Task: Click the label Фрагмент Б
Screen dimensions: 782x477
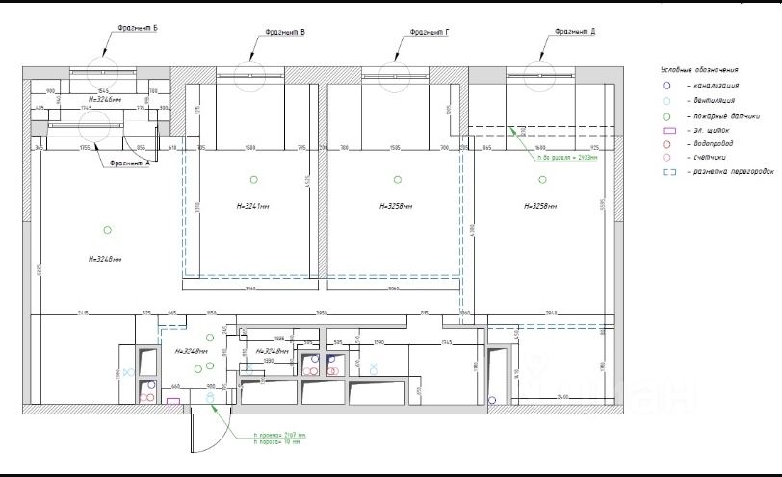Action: tap(138, 29)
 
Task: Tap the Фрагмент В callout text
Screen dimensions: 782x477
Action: tap(286, 33)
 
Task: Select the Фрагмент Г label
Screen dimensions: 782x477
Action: tap(430, 32)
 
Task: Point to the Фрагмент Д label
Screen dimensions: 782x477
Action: tap(575, 32)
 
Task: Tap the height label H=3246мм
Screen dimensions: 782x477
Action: tap(105, 99)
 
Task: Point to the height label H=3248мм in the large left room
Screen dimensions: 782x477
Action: tap(105, 258)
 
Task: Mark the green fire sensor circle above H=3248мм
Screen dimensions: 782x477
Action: tap(107, 229)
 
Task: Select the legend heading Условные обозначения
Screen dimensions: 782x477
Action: tap(699, 70)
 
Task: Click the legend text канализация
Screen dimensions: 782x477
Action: tap(713, 85)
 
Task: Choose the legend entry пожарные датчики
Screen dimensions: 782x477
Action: tap(718, 114)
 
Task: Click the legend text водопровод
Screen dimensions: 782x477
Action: tap(712, 143)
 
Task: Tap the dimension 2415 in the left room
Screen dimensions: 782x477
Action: tap(83, 313)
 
